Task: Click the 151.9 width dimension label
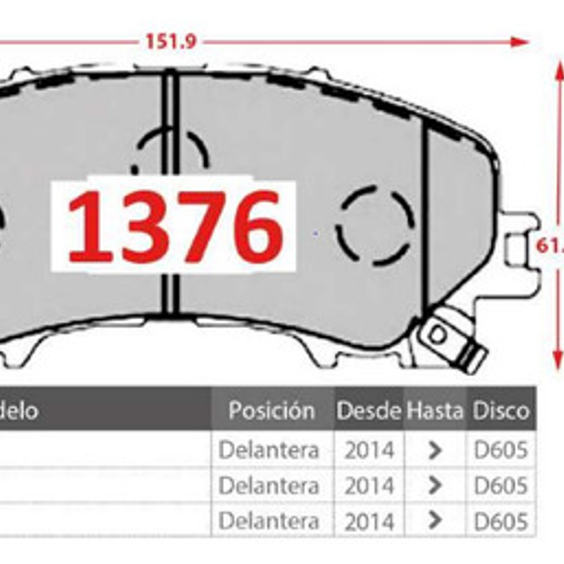170,42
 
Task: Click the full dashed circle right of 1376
375,226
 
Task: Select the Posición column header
272,410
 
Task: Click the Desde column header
368,410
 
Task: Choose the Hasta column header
435,410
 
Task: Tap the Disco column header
502,410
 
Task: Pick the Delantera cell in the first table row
269,450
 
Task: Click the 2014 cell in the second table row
369,485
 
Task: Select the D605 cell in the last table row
502,520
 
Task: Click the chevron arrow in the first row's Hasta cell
436,450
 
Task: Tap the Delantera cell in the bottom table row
269,520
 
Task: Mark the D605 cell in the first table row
502,450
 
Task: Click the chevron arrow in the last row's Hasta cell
436,520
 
